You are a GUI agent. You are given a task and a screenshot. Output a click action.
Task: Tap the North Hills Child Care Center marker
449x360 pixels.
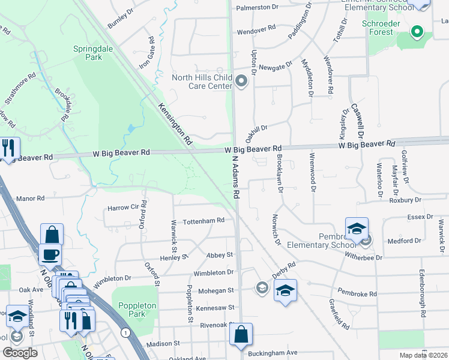tap(241, 81)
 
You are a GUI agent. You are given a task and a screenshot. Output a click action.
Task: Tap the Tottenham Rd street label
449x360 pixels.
tap(203, 221)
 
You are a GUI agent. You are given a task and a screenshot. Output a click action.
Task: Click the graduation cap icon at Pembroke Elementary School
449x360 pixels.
tap(357, 229)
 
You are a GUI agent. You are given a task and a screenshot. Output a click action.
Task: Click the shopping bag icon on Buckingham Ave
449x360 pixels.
tap(241, 335)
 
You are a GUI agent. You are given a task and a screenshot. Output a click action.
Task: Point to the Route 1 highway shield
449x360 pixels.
tap(125, 332)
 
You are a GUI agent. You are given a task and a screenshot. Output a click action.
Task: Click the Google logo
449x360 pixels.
tap(20, 353)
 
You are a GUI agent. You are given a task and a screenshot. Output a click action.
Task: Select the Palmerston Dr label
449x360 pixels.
tap(258, 7)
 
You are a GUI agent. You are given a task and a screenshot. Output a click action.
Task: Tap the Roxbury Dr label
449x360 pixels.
tap(404, 200)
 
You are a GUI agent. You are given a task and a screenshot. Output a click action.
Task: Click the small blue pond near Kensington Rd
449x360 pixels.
tap(131, 128)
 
